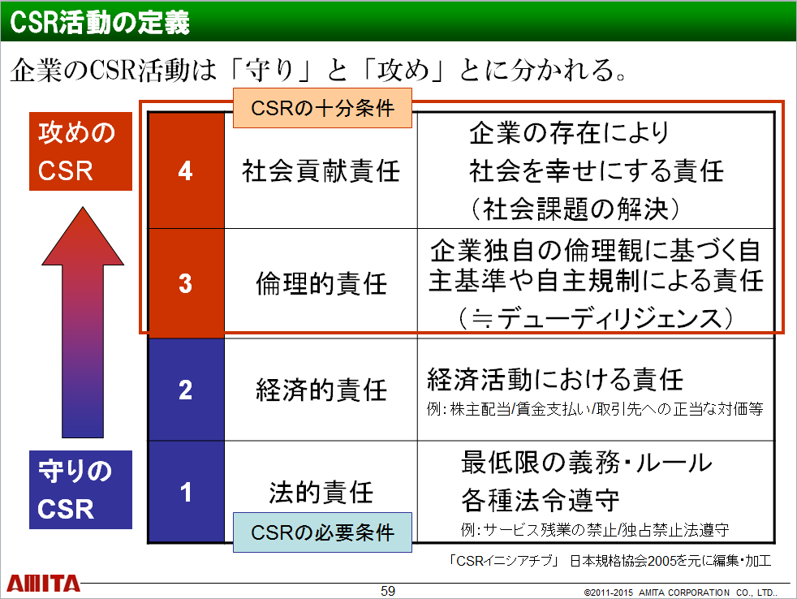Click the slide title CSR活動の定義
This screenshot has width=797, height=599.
100,23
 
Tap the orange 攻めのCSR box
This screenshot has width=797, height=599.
81,152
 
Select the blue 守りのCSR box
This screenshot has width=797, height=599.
81,489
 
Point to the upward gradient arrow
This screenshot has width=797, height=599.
83,322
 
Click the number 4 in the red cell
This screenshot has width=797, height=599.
186,170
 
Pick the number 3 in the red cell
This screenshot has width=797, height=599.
186,283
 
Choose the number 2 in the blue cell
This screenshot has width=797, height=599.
186,390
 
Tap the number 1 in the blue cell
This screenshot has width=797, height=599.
186,492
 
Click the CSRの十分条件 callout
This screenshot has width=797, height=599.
322,108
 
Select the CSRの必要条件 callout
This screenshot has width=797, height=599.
322,532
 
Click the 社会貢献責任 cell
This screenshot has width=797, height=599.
321,170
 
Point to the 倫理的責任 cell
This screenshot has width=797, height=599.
321,283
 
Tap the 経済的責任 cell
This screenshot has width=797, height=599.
321,390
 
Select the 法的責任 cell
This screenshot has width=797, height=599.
321,492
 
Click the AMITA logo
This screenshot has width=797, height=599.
44,584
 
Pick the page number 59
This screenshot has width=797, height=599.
388,591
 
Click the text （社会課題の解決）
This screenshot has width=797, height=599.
575,209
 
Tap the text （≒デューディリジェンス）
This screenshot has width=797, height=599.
595,319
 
